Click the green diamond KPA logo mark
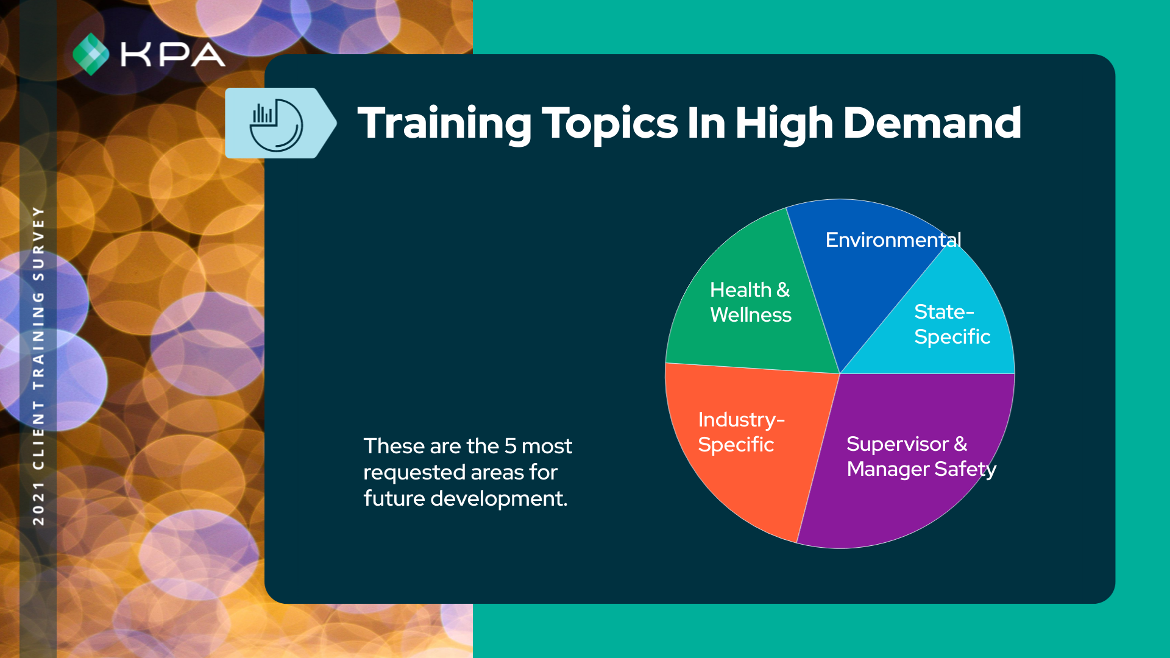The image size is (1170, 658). (x=91, y=54)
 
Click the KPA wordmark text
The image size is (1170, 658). (x=173, y=55)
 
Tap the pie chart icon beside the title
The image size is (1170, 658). (x=276, y=125)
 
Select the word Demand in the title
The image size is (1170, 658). (x=932, y=122)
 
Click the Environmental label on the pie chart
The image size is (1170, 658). (x=893, y=239)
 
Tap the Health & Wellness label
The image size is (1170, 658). (x=751, y=302)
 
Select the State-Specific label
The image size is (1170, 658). (x=952, y=324)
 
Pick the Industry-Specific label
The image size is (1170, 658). (x=741, y=432)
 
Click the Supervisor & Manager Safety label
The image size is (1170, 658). (x=921, y=456)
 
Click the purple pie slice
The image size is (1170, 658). (x=914, y=500)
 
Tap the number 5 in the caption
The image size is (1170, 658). (x=510, y=447)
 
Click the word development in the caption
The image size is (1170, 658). (x=499, y=499)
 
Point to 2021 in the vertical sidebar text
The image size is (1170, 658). (x=38, y=503)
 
